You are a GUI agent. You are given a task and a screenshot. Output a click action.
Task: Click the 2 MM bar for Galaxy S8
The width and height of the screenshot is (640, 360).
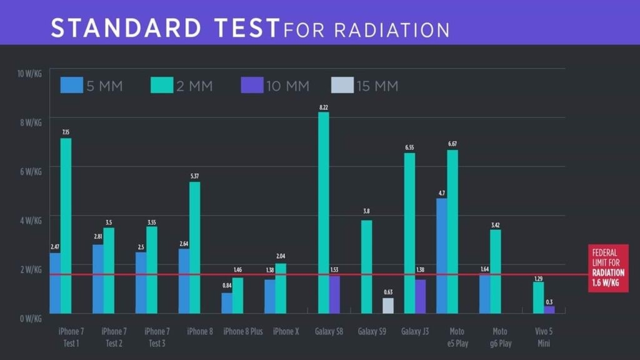(x=323, y=212)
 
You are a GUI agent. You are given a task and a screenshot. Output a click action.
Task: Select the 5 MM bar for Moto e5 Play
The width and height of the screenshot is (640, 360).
(x=442, y=256)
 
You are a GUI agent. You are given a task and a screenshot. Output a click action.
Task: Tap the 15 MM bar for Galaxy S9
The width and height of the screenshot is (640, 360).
(x=388, y=306)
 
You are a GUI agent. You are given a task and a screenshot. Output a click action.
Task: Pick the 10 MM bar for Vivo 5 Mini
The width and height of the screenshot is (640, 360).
(x=549, y=309)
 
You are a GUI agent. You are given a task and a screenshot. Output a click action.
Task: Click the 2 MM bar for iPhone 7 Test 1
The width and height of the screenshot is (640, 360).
(x=66, y=226)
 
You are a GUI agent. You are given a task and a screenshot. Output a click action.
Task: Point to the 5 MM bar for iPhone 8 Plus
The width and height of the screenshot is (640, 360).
(x=227, y=303)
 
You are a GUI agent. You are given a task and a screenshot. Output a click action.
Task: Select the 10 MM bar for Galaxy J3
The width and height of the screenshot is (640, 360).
(x=421, y=296)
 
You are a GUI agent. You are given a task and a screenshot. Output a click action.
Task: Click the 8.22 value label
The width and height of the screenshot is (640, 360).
(x=324, y=107)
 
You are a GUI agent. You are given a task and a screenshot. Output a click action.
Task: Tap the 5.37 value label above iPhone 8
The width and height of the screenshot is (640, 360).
(x=194, y=177)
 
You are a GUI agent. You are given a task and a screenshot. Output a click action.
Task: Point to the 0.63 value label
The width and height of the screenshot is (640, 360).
(x=388, y=292)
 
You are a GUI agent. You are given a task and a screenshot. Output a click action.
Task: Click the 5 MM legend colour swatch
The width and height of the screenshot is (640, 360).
(x=71, y=85)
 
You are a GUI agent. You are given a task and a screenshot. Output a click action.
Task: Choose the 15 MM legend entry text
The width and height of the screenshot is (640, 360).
(x=377, y=86)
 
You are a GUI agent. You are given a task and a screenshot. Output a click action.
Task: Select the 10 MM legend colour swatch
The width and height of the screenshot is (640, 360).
(x=251, y=85)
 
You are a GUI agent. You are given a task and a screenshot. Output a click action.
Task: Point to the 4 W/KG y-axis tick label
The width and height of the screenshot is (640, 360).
(x=31, y=220)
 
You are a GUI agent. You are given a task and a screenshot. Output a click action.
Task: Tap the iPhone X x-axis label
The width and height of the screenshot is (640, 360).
(x=286, y=331)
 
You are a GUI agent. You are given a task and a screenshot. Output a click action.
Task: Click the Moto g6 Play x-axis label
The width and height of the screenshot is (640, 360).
(x=499, y=337)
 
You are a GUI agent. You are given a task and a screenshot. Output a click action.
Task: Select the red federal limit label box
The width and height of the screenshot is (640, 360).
(x=607, y=272)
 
